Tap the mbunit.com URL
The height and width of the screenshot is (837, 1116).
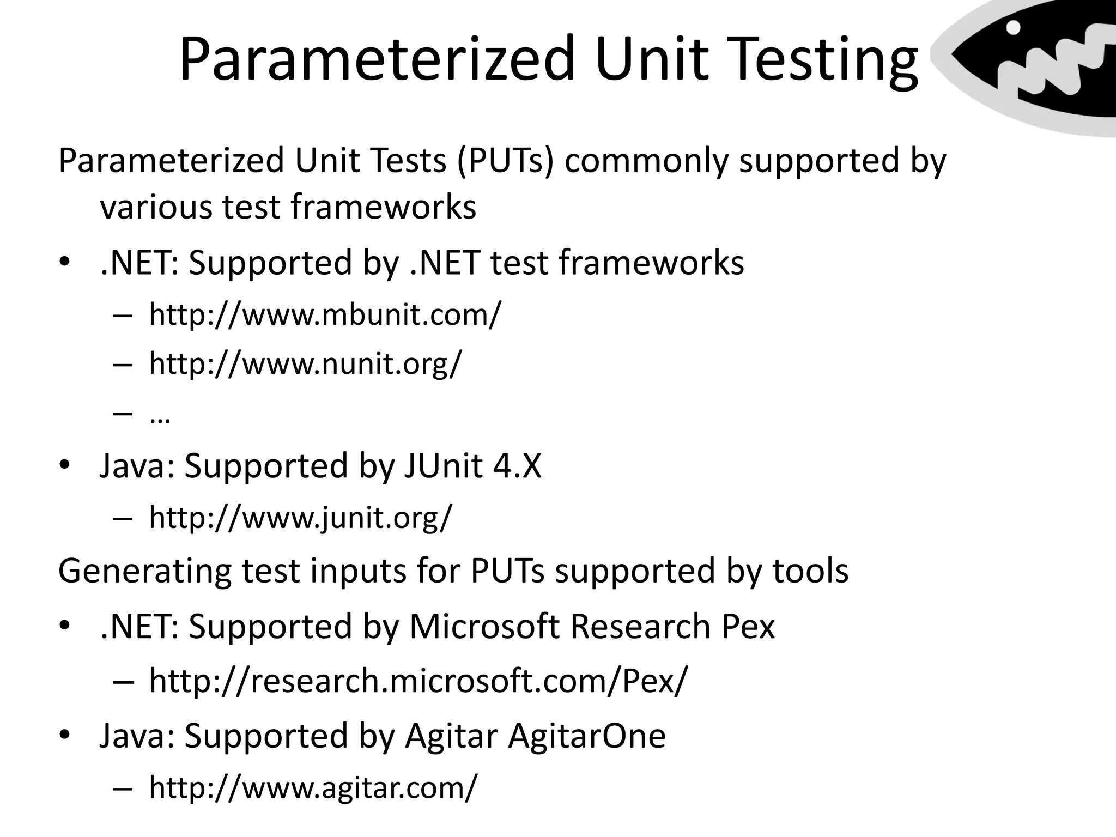point(325,314)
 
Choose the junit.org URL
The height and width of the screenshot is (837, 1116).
point(300,517)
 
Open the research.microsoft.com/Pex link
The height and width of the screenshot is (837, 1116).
point(418,681)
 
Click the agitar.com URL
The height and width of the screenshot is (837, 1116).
point(313,787)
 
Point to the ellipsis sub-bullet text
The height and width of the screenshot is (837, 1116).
point(160,417)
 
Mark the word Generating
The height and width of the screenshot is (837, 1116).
point(144,572)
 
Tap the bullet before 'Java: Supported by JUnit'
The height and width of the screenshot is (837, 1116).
point(65,466)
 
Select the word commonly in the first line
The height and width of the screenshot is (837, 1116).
point(646,161)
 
